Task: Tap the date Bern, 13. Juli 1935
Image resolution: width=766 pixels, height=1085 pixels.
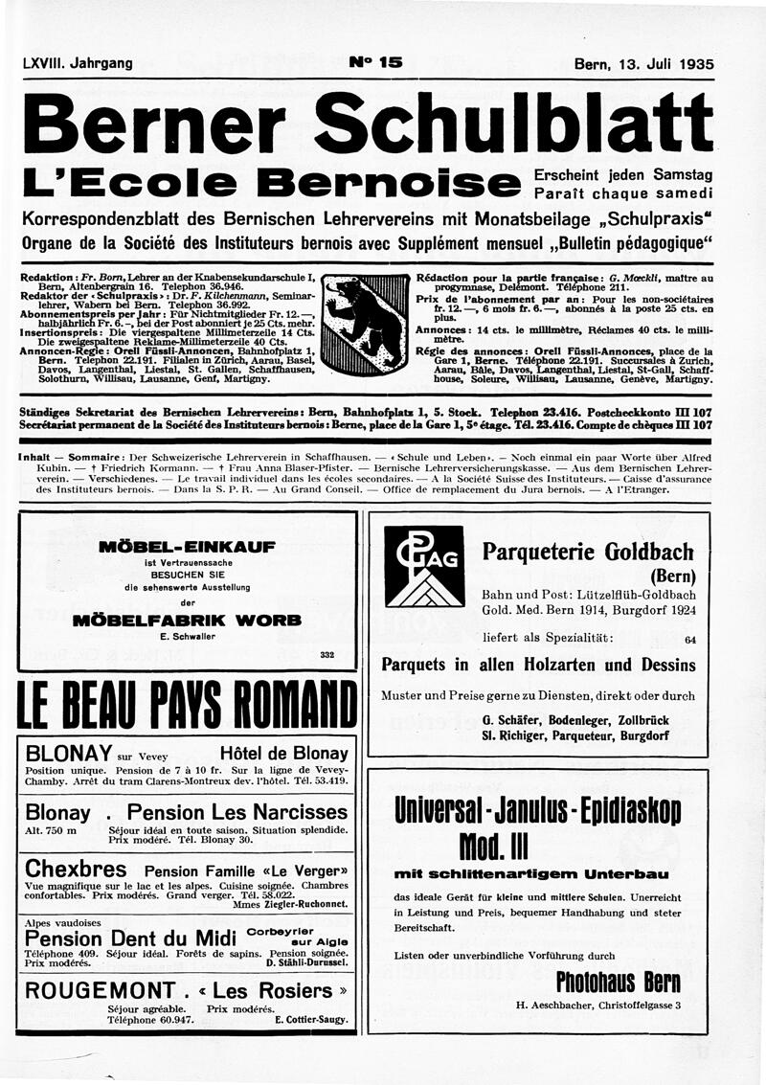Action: (x=643, y=64)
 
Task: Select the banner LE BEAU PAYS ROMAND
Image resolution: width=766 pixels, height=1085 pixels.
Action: (x=187, y=707)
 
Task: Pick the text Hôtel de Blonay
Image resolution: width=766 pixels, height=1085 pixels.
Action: (x=283, y=752)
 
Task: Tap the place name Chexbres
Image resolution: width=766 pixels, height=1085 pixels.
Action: (x=76, y=869)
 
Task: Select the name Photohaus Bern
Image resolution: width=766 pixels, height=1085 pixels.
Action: (x=617, y=982)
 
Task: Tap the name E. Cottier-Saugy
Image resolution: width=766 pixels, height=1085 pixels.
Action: (x=310, y=1019)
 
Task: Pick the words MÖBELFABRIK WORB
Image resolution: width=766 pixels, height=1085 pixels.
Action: (x=187, y=621)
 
